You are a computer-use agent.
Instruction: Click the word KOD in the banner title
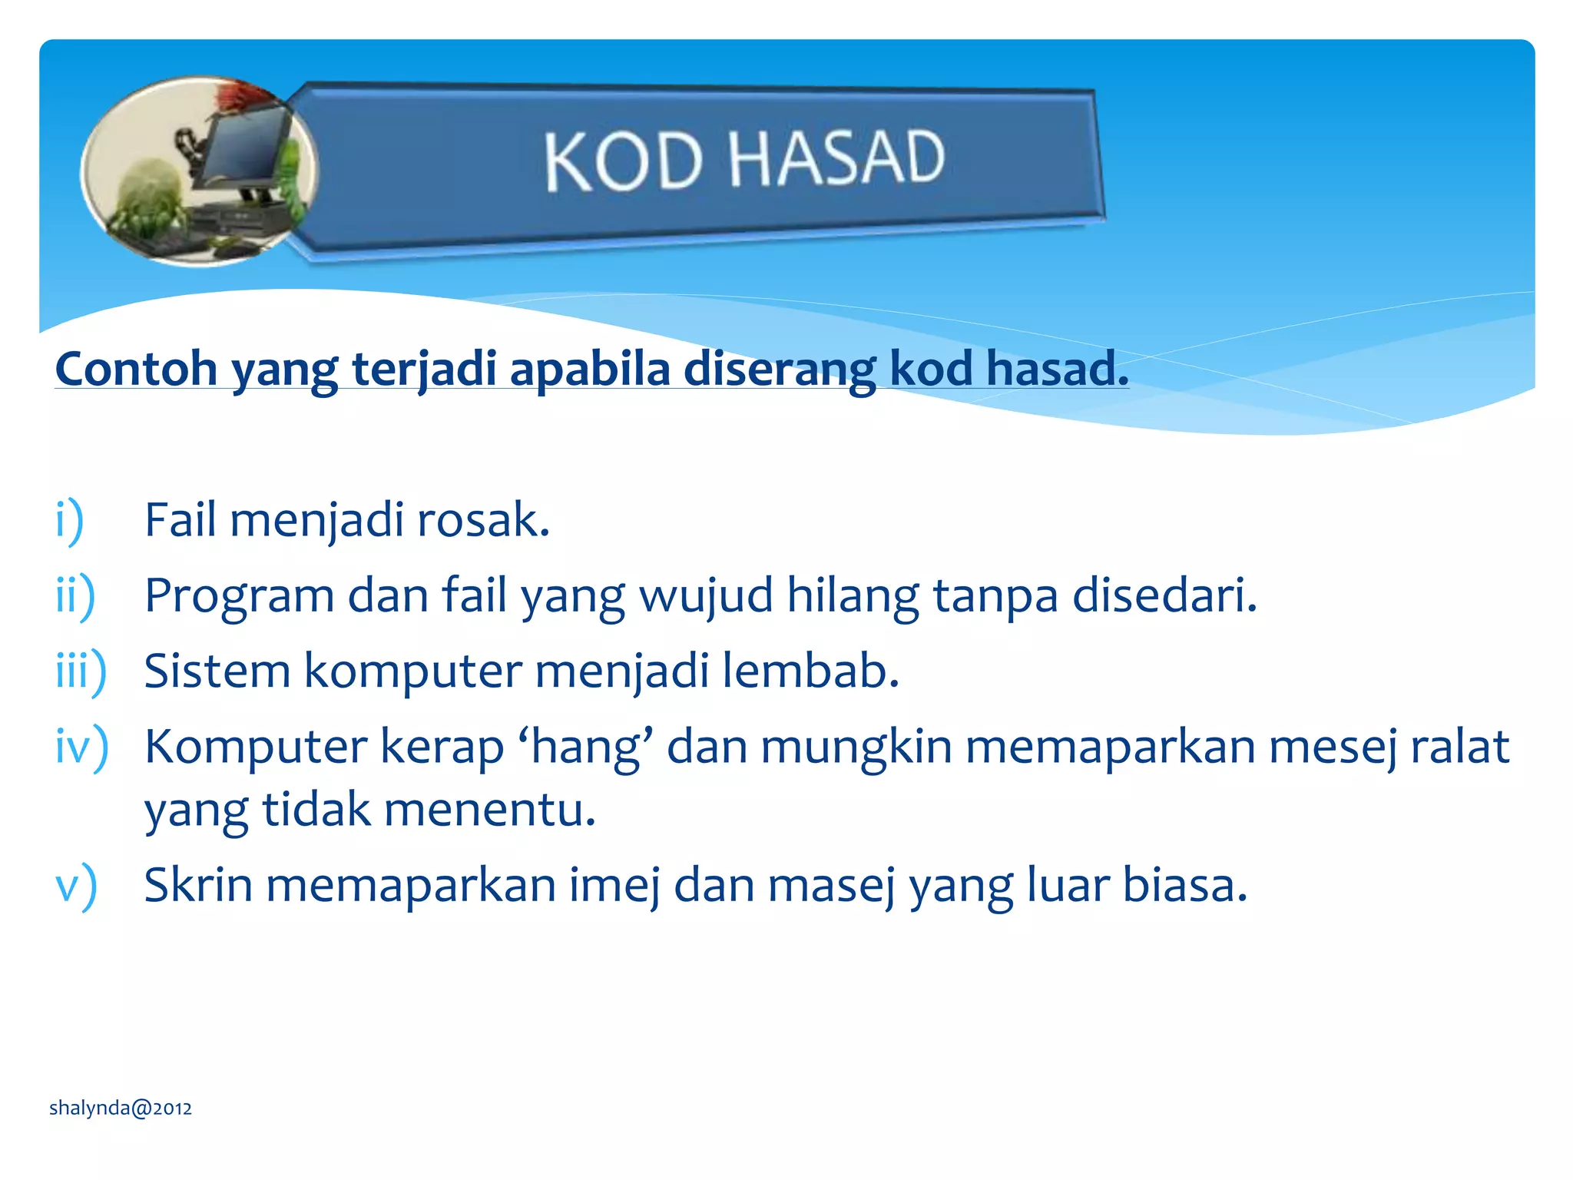coord(623,161)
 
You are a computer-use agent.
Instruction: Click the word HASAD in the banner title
coord(836,158)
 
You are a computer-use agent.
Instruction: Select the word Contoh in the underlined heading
coord(136,369)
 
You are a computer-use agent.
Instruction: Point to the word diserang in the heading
coord(780,369)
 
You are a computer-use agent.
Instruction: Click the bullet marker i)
coord(69,520)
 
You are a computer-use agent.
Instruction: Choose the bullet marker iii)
coord(81,671)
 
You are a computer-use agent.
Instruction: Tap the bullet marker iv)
coord(81,747)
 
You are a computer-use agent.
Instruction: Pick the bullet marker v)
coord(76,885)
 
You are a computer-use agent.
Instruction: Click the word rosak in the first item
coord(482,520)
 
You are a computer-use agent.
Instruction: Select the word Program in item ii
coord(239,596)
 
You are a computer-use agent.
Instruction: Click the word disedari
coord(1164,596)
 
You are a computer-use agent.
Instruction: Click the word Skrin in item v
coord(198,885)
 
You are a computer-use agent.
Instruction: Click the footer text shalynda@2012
coord(121,1108)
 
